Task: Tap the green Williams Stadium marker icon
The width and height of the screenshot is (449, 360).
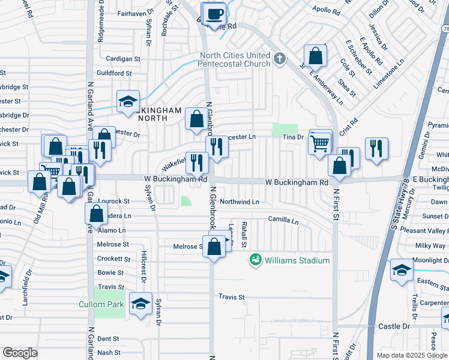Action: (x=256, y=260)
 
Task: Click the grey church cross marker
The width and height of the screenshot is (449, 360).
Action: (x=279, y=59)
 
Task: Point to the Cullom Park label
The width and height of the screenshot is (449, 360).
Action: (x=101, y=304)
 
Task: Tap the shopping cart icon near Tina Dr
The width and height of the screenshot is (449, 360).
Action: (x=320, y=143)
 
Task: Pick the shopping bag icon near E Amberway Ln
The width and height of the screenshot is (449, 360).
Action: (x=315, y=57)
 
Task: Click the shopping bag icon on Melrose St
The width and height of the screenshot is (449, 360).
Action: (x=214, y=247)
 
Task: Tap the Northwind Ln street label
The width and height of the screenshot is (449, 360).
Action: (x=239, y=202)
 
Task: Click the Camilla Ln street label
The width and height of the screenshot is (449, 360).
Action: (x=283, y=221)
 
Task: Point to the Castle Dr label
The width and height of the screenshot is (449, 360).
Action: (x=394, y=326)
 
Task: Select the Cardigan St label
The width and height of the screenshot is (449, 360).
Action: (x=122, y=59)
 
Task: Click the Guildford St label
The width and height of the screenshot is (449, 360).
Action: (x=114, y=73)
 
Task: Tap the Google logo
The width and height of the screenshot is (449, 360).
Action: (x=20, y=353)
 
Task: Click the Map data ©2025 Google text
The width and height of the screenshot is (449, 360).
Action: (x=411, y=355)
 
